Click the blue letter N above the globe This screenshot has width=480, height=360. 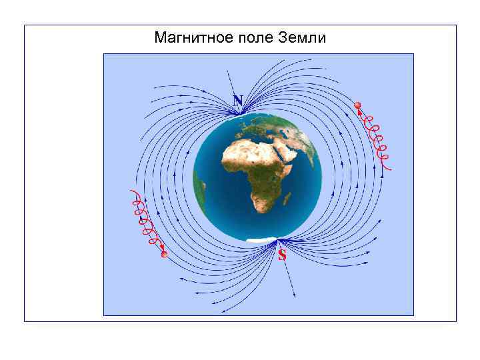click(x=238, y=100)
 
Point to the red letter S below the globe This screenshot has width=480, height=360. click(x=282, y=255)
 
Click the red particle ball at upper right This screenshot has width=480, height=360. click(x=357, y=105)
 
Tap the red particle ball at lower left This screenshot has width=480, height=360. click(x=164, y=255)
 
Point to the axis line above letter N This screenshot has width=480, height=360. click(x=233, y=83)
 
